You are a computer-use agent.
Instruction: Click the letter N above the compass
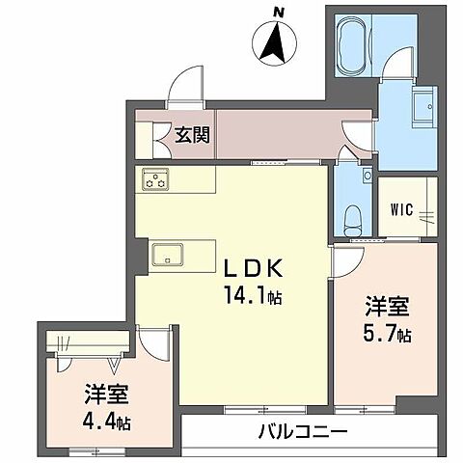tap(278, 12)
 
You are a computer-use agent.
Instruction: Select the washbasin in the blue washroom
tap(423, 105)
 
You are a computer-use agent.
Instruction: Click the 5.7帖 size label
tap(389, 336)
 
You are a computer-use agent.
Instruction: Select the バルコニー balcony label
tap(302, 431)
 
